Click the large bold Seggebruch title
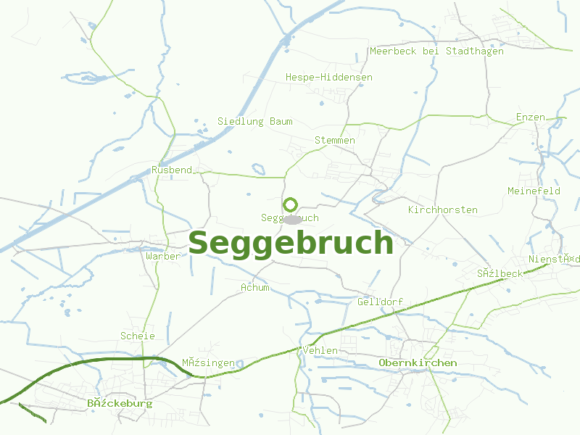(291, 244)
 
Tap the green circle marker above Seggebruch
(291, 204)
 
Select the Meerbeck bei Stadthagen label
(436, 51)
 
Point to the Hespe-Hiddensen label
(329, 77)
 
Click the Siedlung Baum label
(255, 121)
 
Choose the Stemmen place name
(335, 140)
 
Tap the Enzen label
(530, 117)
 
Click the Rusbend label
(172, 170)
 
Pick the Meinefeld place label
(534, 191)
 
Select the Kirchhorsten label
(443, 210)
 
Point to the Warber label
(162, 256)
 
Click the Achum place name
(255, 287)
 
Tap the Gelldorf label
(380, 302)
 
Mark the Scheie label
(138, 336)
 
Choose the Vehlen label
(320, 350)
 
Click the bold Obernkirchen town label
(418, 362)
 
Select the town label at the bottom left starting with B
(120, 403)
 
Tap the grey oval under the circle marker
(292, 219)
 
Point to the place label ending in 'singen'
(208, 362)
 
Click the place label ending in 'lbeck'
(500, 273)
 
